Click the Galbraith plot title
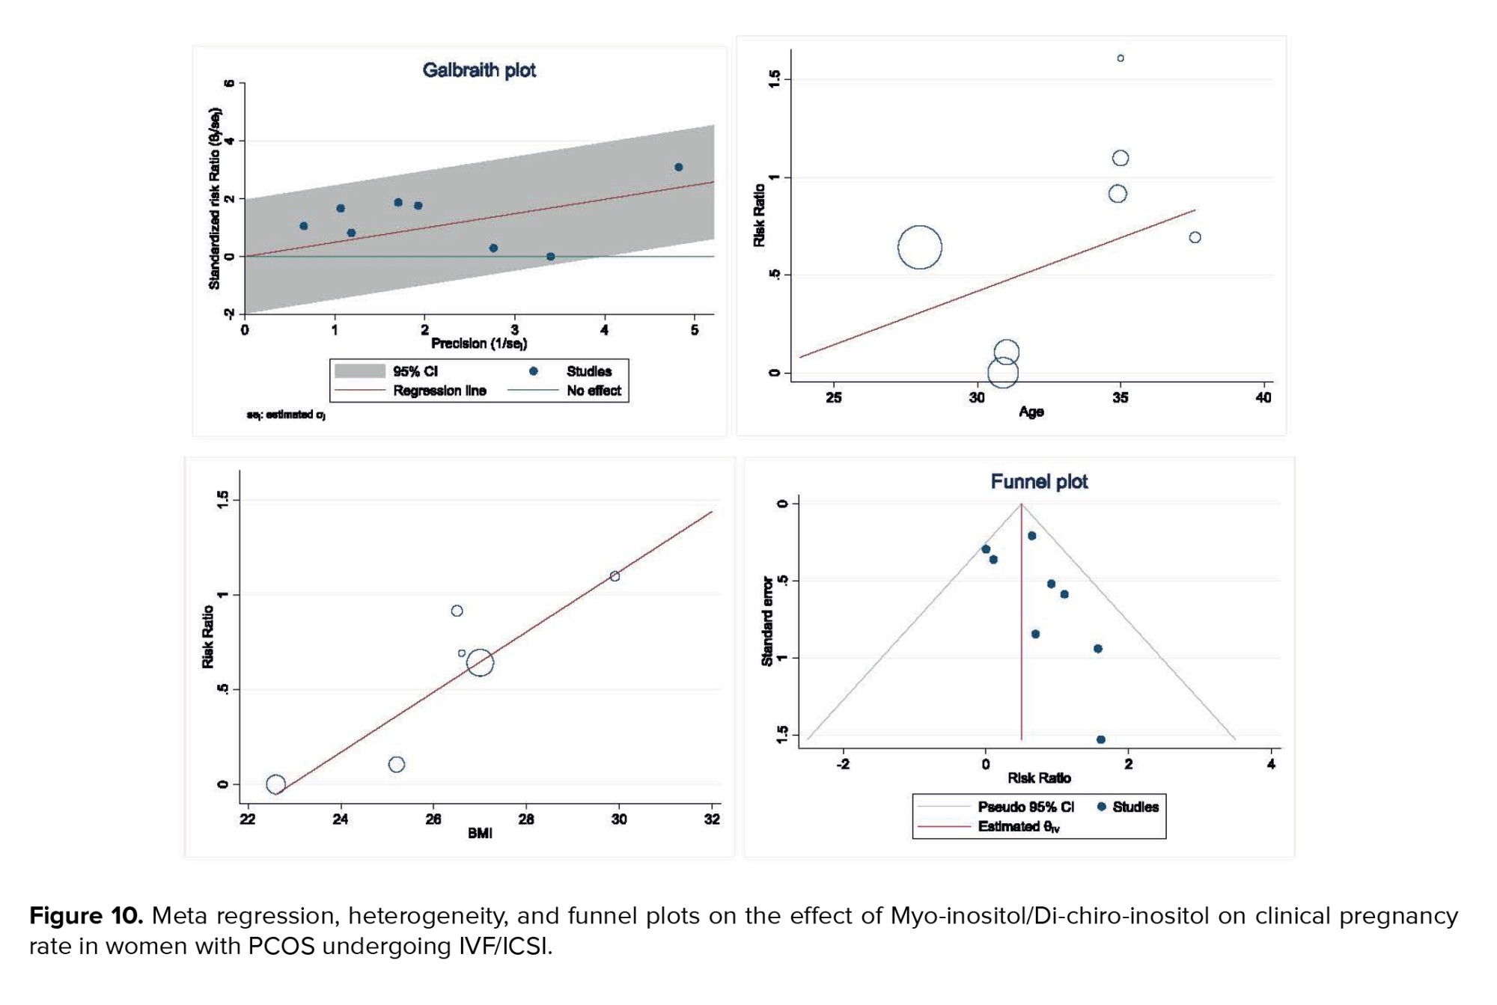(479, 70)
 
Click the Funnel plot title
(1039, 482)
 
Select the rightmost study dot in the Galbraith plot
(678, 168)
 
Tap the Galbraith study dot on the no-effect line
(551, 257)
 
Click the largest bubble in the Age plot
(919, 247)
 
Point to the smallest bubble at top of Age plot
(1121, 58)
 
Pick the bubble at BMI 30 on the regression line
(615, 576)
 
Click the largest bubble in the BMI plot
(480, 662)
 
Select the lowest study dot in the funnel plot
(1101, 740)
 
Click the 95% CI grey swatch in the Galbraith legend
(359, 371)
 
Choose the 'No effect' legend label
(594, 391)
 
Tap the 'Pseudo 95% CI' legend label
(1025, 807)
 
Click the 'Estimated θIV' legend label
(1019, 827)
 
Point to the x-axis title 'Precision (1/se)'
(479, 343)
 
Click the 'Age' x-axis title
(1031, 412)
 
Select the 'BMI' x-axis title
(480, 834)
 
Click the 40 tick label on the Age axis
(1263, 398)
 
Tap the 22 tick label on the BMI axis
(248, 819)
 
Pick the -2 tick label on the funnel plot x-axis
(843, 765)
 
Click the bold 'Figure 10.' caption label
(86, 916)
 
